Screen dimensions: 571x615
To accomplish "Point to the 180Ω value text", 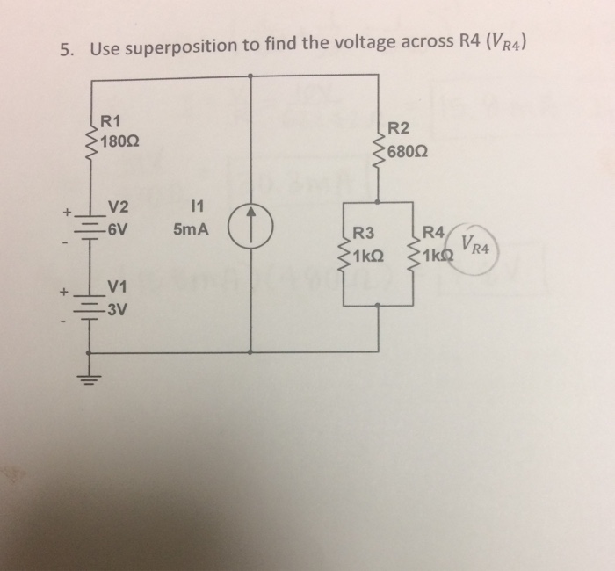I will (118, 141).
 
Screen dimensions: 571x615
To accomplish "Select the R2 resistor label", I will (398, 128).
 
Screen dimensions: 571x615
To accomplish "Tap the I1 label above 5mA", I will (196, 208).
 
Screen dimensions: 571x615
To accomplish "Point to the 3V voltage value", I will (117, 309).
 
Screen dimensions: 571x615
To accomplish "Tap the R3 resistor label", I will (364, 235).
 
